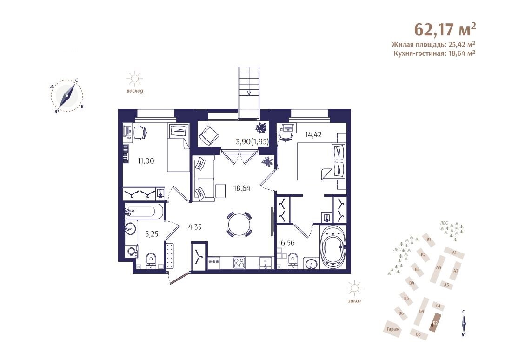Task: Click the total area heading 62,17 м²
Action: click(445, 30)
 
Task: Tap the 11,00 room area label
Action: click(146, 161)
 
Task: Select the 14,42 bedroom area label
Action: click(313, 134)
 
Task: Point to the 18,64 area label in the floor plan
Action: click(242, 188)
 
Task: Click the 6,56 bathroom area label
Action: click(287, 243)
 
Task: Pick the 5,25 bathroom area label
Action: click(152, 234)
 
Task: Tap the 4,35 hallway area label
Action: click(195, 227)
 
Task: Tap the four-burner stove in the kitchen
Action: click(239, 263)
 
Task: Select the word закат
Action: click(354, 301)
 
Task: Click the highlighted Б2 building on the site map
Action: click(435, 322)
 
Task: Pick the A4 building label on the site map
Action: click(439, 267)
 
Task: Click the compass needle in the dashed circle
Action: click(67, 96)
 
